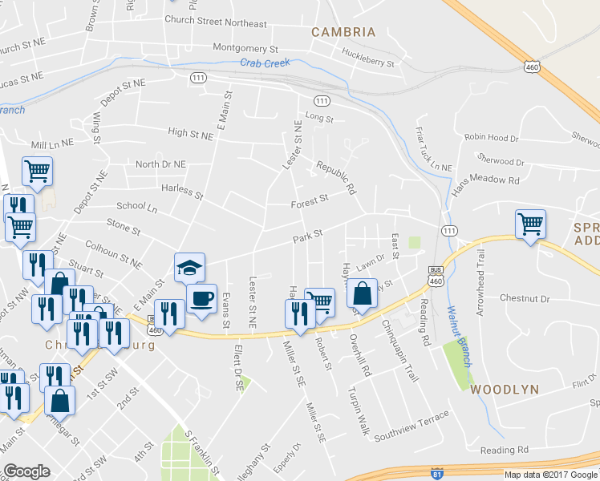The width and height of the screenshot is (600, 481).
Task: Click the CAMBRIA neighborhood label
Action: (343, 32)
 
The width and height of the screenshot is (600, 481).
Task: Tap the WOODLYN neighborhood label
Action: (503, 389)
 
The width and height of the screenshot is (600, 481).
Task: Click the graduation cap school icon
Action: (190, 268)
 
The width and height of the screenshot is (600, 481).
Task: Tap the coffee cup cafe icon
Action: (202, 300)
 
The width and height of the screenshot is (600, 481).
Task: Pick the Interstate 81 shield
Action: (436, 474)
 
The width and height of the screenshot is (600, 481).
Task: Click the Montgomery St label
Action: (245, 48)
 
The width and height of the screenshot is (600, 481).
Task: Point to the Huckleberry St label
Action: (368, 58)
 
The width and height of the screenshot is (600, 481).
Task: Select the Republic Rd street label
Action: (336, 178)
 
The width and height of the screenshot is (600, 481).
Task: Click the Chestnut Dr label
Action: (523, 298)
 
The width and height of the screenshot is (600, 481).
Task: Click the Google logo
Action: (26, 471)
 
